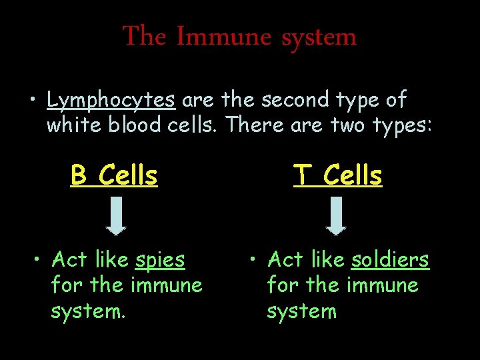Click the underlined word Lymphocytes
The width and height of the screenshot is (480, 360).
[111, 101]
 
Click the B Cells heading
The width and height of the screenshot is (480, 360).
[114, 176]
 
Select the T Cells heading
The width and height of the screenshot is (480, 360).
[338, 176]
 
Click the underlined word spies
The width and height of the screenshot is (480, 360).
[160, 260]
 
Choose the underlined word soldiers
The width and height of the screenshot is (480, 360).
[390, 259]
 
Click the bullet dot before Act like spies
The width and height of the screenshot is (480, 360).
[39, 260]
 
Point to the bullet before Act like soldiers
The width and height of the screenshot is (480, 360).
[254, 260]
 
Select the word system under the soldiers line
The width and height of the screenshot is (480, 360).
[301, 311]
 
